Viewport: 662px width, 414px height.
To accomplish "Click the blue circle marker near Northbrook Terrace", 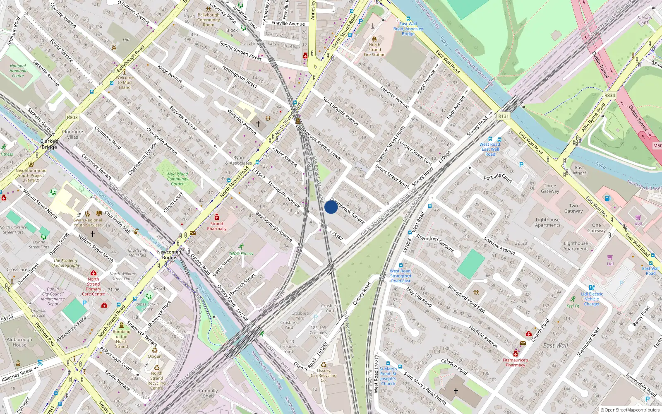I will coord(331,207).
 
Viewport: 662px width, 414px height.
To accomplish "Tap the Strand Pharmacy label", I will coord(217,226).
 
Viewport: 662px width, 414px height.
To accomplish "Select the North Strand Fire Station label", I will coord(374,50).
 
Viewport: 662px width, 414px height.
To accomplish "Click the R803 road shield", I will coord(72,118).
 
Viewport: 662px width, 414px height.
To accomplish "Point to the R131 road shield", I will coord(503,116).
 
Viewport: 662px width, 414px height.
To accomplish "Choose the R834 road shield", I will coord(609,96).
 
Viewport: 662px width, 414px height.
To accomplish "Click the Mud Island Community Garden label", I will coord(177,179).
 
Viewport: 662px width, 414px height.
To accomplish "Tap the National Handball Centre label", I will coord(18,71).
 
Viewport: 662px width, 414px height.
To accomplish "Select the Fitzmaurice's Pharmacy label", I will coord(516,363).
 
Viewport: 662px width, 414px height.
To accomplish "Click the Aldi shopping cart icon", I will coord(638,217).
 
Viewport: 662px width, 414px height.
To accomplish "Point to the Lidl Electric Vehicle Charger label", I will coord(592,299).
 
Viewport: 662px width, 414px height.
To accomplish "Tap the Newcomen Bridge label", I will coord(169,255).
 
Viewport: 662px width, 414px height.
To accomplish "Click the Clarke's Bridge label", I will coord(49,144).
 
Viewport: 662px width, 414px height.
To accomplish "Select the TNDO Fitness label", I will coord(241,254).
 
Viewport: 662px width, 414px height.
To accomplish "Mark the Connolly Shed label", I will coord(208,393).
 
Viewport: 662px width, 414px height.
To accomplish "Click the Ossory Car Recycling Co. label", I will coord(324,375).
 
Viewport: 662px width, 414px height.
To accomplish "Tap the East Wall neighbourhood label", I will coord(555,346).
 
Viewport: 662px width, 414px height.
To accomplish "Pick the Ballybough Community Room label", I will coord(209,20).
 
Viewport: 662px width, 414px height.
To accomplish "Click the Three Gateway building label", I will coord(550,188).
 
